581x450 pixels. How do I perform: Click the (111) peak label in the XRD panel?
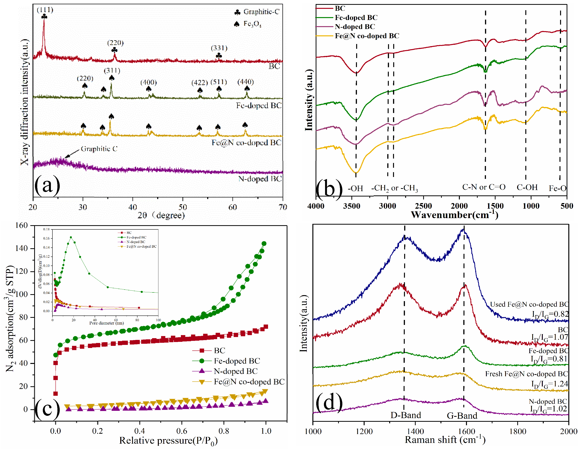[45, 10]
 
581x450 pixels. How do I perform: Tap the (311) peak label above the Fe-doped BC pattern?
[112, 71]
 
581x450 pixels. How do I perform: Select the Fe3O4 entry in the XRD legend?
[252, 24]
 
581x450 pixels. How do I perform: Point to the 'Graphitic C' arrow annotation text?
[99, 149]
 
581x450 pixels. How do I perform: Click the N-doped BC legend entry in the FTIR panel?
[355, 27]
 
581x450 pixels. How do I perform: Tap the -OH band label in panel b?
[355, 188]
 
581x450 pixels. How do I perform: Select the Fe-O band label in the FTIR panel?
[558, 188]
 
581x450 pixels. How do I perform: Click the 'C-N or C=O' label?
[484, 187]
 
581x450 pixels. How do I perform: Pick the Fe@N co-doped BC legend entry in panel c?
[249, 382]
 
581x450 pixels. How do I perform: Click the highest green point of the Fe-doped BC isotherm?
[264, 244]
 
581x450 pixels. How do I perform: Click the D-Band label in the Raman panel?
[406, 415]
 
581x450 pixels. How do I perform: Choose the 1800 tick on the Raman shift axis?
[518, 431]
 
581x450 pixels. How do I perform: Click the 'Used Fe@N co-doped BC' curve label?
[529, 304]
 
